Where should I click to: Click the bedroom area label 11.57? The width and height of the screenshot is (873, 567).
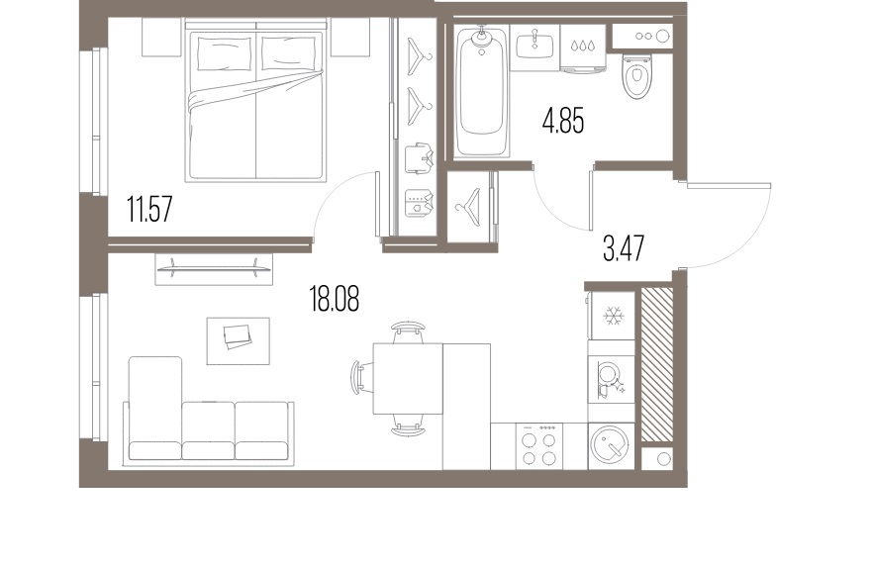coord(149,210)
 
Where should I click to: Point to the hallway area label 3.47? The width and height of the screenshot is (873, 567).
coord(624,246)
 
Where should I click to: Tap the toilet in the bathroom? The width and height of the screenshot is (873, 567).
coord(634,75)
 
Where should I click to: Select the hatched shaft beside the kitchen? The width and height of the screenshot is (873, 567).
coord(657,363)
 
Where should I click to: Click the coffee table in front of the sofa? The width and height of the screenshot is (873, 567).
coord(238,339)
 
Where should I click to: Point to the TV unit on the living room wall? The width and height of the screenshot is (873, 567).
coord(213,267)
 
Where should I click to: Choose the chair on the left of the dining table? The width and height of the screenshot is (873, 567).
coord(359,377)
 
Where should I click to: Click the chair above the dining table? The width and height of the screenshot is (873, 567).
coord(407,331)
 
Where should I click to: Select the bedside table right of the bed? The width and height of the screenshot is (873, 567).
coord(349,38)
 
